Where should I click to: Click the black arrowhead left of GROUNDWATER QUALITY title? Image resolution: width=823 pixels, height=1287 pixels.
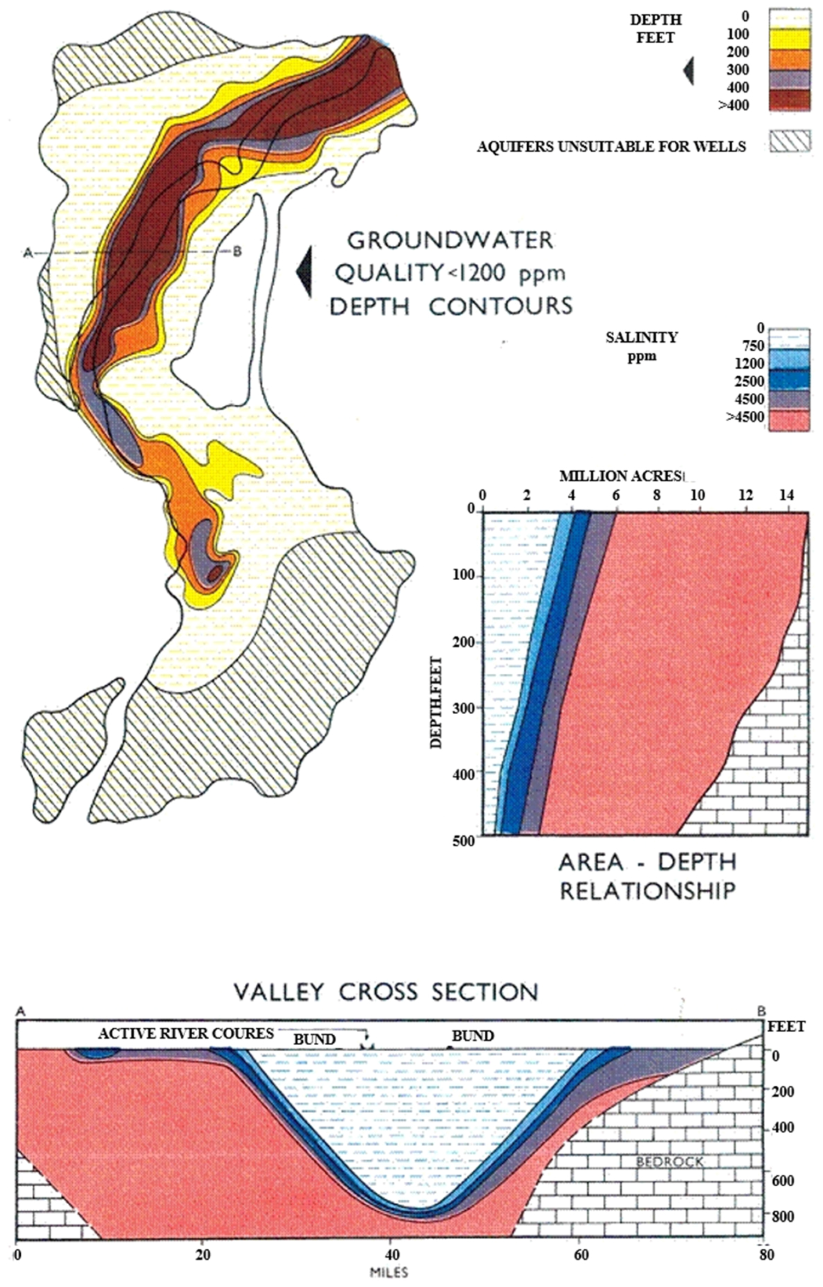(304, 272)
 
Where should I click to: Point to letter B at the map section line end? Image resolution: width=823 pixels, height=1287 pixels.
(237, 251)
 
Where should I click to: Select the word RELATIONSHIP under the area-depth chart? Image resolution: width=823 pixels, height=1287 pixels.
(647, 891)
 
